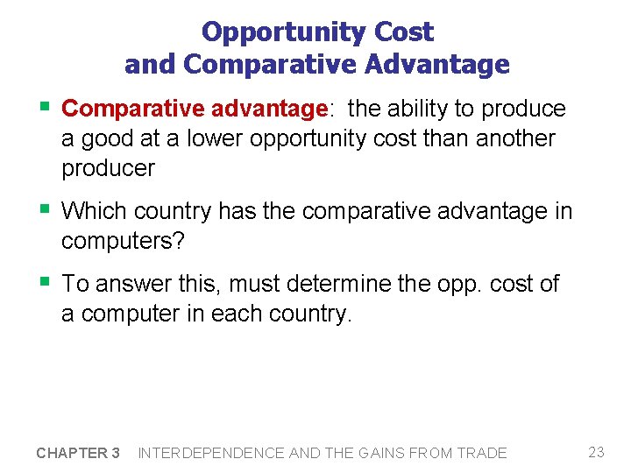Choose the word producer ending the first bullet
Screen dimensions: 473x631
pos(108,168)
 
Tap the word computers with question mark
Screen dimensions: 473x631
pos(123,241)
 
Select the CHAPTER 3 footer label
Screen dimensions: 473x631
pos(78,453)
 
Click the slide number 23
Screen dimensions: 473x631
pos(597,452)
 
